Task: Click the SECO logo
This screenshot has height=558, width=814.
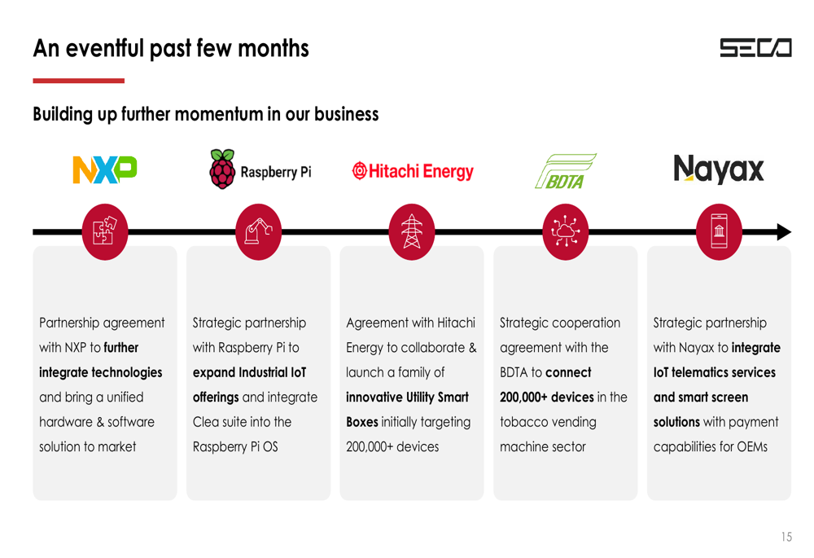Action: click(755, 48)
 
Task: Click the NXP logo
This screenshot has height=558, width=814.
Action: click(105, 170)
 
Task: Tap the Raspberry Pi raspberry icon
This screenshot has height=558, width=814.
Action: click(222, 169)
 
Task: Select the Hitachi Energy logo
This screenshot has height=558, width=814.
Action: click(413, 171)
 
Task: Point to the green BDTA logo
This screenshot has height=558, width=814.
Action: click(566, 171)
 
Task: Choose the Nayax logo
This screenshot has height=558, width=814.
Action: click(719, 169)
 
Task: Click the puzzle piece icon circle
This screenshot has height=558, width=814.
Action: click(105, 231)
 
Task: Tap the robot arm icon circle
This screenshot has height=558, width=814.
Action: click(259, 231)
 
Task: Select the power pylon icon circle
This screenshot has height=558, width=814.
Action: click(412, 231)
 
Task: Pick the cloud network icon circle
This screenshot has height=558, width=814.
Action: click(566, 231)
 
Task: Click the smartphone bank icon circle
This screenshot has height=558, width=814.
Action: click(719, 231)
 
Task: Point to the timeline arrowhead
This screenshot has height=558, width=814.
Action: click(785, 231)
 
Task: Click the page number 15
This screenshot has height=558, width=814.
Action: click(786, 537)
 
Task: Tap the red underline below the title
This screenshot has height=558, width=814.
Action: click(78, 81)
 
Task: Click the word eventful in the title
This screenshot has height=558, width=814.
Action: click(104, 48)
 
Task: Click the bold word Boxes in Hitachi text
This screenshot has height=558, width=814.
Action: click(362, 422)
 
